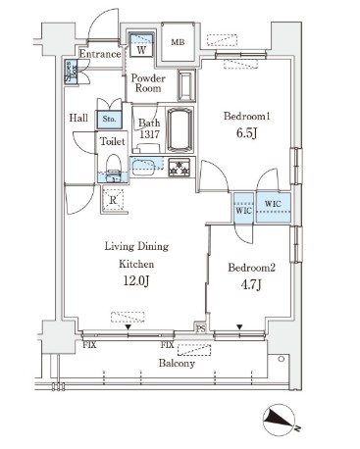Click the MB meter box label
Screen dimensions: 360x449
click(178, 42)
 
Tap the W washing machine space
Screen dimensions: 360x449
click(141, 44)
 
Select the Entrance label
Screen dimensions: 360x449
click(100, 54)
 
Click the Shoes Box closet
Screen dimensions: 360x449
click(72, 72)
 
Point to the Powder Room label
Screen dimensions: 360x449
click(148, 83)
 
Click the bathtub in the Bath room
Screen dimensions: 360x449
click(179, 129)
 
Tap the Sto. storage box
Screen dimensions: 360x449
click(109, 120)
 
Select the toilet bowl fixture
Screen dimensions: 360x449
click(114, 168)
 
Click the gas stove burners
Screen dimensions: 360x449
click(179, 167)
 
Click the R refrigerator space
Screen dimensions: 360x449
click(113, 199)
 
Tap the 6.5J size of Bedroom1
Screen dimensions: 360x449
click(246, 133)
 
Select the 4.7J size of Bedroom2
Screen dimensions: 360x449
click(251, 285)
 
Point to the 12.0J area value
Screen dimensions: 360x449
click(136, 280)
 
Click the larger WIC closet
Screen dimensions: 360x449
click(274, 208)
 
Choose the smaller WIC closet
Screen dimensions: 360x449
click(243, 208)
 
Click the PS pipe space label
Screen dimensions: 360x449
click(201, 329)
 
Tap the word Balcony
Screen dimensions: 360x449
click(177, 363)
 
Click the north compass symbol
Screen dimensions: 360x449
click(281, 420)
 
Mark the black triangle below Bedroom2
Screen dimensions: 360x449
click(239, 326)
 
